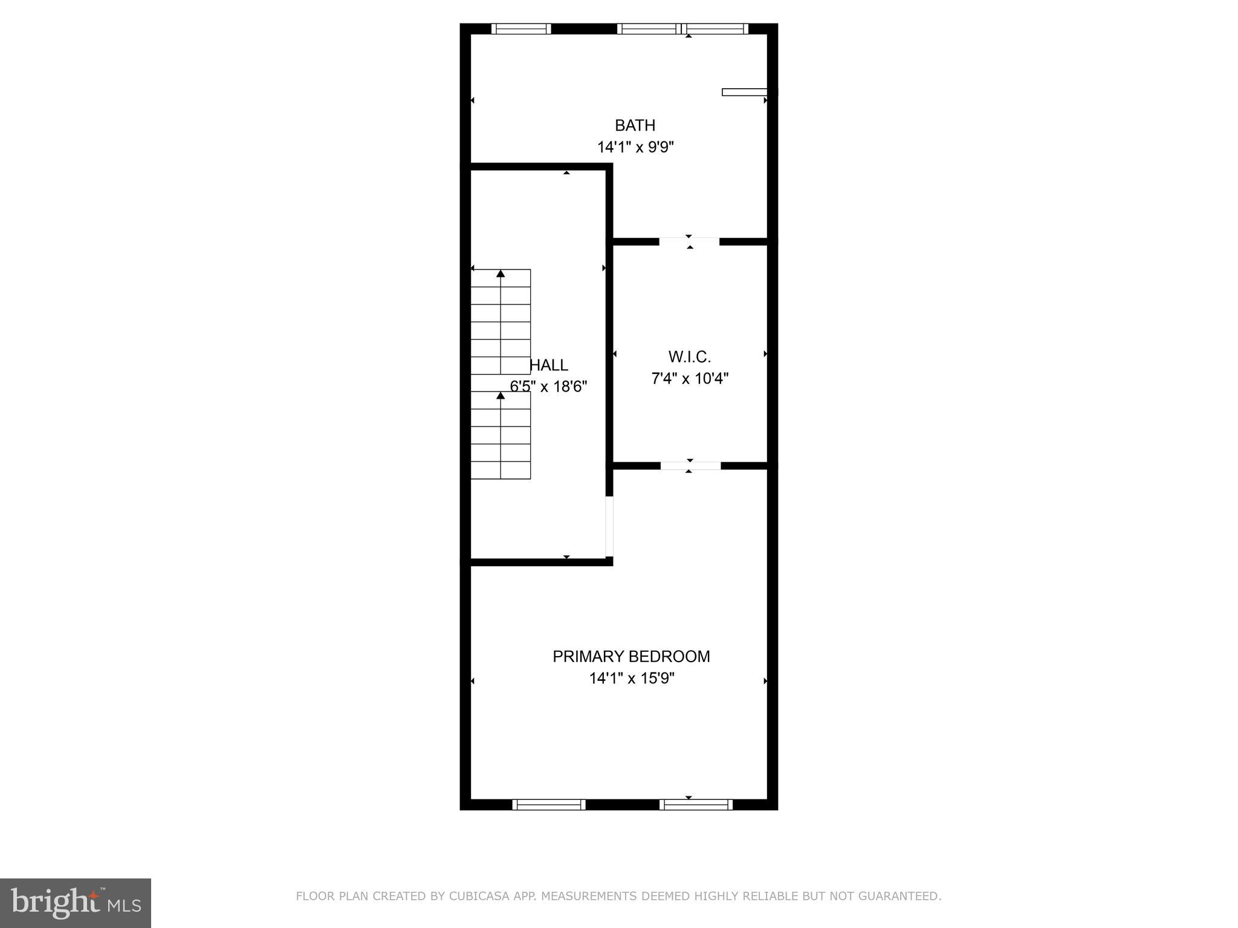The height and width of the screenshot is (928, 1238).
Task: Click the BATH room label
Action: [x=635, y=125]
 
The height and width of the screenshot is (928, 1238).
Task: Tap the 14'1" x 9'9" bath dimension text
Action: [x=635, y=147]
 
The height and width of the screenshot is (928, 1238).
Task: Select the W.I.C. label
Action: [x=689, y=356]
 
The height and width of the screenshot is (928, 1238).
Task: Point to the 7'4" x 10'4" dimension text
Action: [x=690, y=379]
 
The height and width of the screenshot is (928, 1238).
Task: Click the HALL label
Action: [x=549, y=365]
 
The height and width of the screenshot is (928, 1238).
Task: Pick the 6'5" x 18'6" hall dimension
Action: [x=549, y=387]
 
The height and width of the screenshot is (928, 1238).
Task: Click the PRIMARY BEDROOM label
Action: [x=631, y=656]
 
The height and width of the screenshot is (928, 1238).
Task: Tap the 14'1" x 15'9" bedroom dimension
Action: [x=632, y=678]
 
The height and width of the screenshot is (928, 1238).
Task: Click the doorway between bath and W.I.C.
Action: [x=689, y=242]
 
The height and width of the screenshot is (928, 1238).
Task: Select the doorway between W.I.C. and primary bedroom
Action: [x=690, y=465]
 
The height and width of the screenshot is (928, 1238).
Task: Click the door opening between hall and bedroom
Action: [x=609, y=526]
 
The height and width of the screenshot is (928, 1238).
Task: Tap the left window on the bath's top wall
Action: [x=520, y=28]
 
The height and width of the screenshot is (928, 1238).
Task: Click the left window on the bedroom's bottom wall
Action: [x=549, y=804]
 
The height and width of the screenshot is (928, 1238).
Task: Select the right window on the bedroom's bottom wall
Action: [x=696, y=804]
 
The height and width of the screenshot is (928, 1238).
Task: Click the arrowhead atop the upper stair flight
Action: [x=501, y=274]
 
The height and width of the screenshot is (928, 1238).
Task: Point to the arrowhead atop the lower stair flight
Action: [x=501, y=396]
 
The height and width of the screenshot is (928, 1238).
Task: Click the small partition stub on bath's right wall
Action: [x=745, y=92]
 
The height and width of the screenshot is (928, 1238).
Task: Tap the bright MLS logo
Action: [x=76, y=903]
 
